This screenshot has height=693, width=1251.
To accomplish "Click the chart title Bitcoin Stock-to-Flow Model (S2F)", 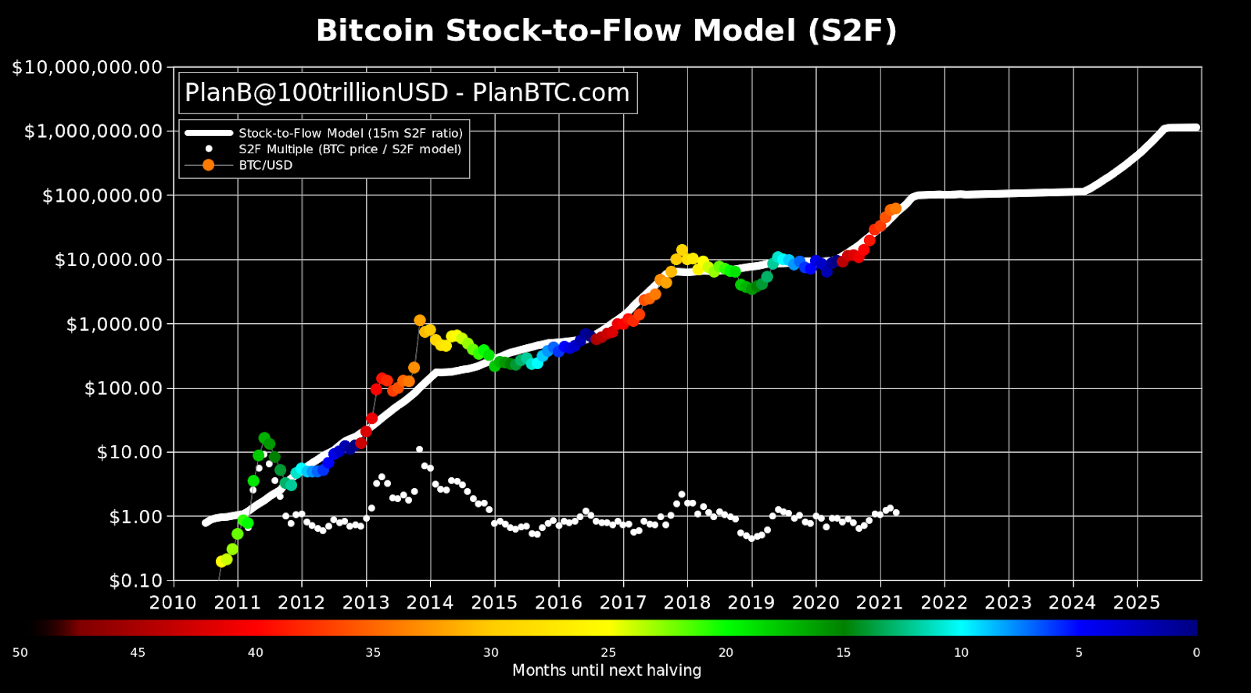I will pyautogui.click(x=606, y=31).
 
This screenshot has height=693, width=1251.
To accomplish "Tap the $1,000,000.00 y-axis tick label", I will pyautogui.click(x=93, y=131).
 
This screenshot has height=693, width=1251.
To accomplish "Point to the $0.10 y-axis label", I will pyautogui.click(x=135, y=580).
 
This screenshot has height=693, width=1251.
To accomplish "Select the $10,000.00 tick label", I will pyautogui.click(x=109, y=260).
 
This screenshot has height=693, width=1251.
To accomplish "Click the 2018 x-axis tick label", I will pyautogui.click(x=686, y=603).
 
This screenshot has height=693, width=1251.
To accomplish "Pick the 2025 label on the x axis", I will pyautogui.click(x=1136, y=603).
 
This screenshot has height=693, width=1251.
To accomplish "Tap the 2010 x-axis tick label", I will pyautogui.click(x=173, y=603).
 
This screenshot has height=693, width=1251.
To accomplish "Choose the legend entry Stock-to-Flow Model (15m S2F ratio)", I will pyautogui.click(x=350, y=133).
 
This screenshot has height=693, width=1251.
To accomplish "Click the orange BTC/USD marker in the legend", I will pyautogui.click(x=208, y=165).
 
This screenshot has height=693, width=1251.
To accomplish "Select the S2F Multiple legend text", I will pyautogui.click(x=349, y=149).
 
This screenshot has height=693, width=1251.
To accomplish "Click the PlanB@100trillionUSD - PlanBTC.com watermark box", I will pyautogui.click(x=407, y=93).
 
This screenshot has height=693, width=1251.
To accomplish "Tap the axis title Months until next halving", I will pyautogui.click(x=606, y=670).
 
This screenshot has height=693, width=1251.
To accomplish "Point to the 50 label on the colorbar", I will pyautogui.click(x=20, y=652).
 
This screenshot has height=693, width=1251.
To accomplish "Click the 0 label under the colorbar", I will pyautogui.click(x=1196, y=652).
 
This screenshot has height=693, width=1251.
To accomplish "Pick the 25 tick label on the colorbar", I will pyautogui.click(x=608, y=652).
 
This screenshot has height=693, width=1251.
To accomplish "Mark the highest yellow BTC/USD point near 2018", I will pyautogui.click(x=682, y=250).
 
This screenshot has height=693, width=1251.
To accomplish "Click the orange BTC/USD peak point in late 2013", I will pyautogui.click(x=420, y=321).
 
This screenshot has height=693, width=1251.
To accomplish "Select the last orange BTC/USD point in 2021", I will pyautogui.click(x=896, y=209).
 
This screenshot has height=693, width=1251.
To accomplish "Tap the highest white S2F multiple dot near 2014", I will pyautogui.click(x=420, y=450).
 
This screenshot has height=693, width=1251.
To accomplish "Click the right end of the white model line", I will pyautogui.click(x=1195, y=127).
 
